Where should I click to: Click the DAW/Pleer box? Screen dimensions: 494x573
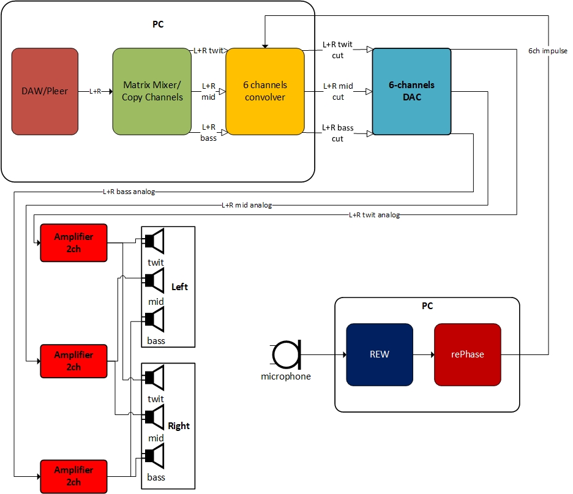pyautogui.click(x=45, y=91)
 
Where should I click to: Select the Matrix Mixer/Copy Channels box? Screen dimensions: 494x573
pyautogui.click(x=152, y=91)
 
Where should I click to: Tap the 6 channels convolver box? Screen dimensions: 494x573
pyautogui.click(x=265, y=91)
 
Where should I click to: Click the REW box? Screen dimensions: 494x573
pyautogui.click(x=380, y=354)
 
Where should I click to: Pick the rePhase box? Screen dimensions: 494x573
pyautogui.click(x=468, y=354)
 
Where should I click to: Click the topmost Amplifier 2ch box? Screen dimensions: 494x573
pyautogui.click(x=73, y=243)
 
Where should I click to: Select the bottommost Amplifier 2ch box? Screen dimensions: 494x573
pyautogui.click(x=73, y=476)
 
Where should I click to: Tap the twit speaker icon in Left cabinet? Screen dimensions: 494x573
pyautogui.click(x=155, y=241)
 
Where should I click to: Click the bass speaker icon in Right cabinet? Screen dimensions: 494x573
pyautogui.click(x=155, y=457)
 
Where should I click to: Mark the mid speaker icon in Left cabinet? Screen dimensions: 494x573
pyautogui.click(x=155, y=280)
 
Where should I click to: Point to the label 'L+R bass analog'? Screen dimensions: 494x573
pyautogui.click(x=129, y=192)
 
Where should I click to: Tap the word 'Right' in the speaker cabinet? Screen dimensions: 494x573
pyautogui.click(x=179, y=426)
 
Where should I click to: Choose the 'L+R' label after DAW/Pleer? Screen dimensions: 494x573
pyautogui.click(x=95, y=91)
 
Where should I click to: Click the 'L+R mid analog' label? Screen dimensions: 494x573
pyautogui.click(x=247, y=205)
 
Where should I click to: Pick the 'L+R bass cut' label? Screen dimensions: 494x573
pyautogui.click(x=338, y=133)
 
